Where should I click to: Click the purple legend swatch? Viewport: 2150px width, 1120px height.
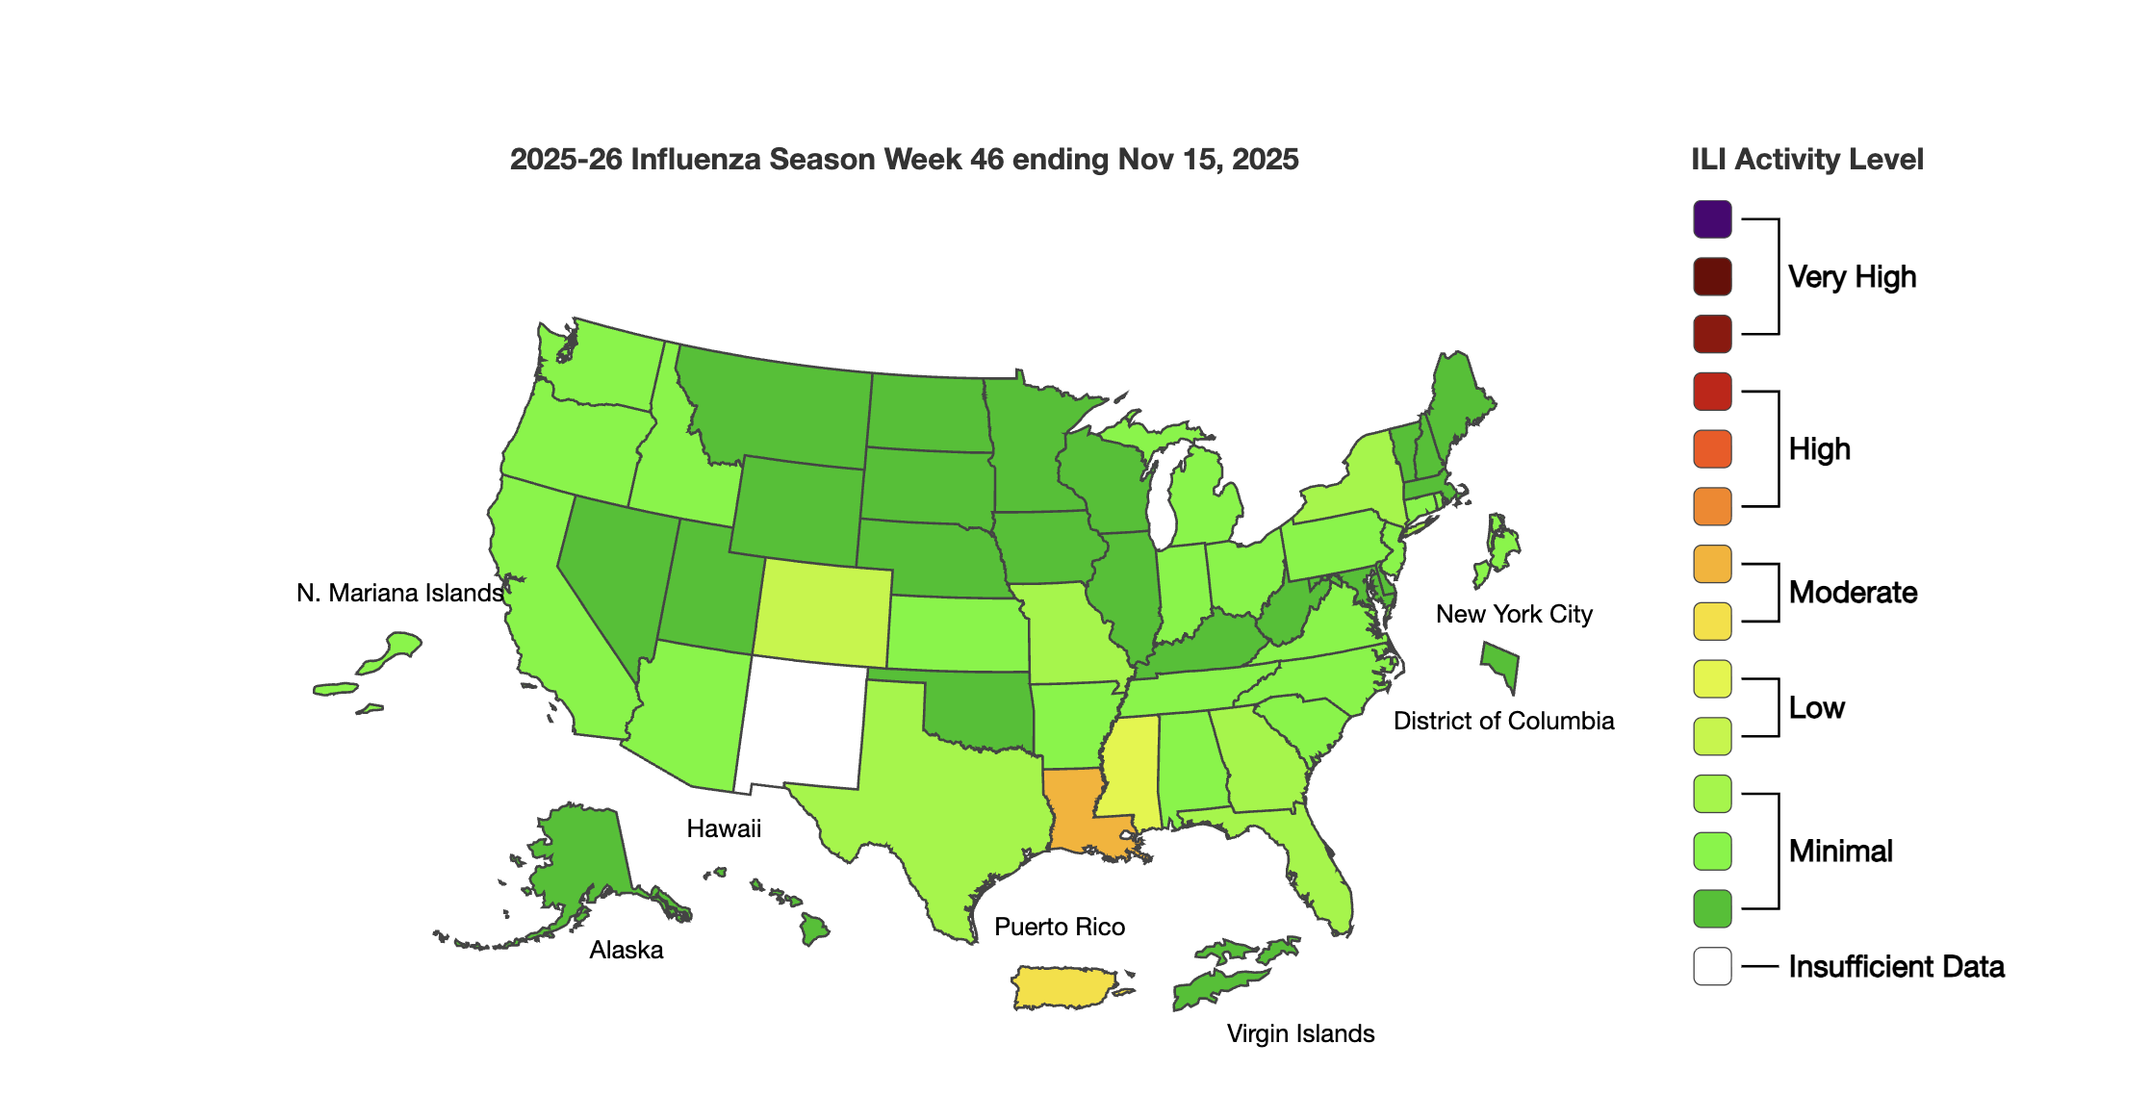coord(1712,219)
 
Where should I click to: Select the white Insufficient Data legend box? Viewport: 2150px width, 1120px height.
coord(1712,966)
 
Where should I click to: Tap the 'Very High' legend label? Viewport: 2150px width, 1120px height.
coord(1852,277)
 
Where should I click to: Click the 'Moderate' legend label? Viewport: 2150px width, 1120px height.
coord(1853,593)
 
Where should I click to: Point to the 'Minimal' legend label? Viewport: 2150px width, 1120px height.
coord(1840,852)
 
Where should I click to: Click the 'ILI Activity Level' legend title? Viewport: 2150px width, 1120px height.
coord(1806,160)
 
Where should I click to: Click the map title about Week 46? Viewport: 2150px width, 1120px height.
coord(904,160)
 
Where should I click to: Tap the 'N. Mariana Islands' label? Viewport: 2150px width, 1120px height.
coord(399,594)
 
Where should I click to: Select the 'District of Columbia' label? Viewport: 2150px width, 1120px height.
coord(1503,722)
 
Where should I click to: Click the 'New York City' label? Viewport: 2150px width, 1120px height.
coord(1514,615)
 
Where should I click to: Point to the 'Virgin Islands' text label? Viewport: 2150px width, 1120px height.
coord(1300,1034)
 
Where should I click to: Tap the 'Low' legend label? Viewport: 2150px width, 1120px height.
coord(1816,708)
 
